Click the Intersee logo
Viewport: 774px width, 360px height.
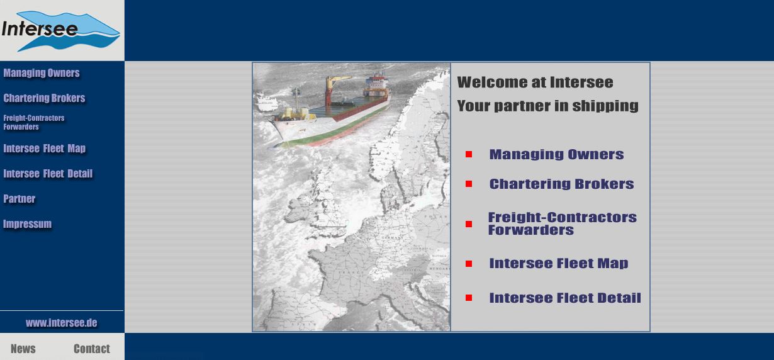(x=61, y=30)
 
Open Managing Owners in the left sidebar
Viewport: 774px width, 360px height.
(x=42, y=73)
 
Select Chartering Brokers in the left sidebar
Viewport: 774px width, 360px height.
(x=44, y=98)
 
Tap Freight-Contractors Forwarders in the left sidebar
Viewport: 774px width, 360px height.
(x=34, y=122)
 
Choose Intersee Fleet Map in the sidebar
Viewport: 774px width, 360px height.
(x=44, y=149)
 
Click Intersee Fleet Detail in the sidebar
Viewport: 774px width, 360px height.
(x=48, y=174)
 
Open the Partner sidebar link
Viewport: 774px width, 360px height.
(x=20, y=199)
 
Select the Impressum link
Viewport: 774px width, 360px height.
(x=27, y=224)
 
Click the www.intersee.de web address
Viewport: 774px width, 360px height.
(x=62, y=323)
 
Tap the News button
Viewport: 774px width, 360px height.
(x=23, y=349)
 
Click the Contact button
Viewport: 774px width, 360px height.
(x=92, y=349)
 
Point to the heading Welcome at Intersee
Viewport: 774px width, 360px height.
(x=536, y=82)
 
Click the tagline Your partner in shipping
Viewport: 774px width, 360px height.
(x=548, y=106)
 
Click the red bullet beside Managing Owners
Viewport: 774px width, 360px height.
(x=469, y=154)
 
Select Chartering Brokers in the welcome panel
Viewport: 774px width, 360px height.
(x=562, y=184)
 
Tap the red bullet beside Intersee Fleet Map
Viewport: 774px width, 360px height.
(x=469, y=264)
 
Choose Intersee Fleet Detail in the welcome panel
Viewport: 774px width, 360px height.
(x=565, y=298)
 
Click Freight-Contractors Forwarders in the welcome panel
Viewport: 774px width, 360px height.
(x=562, y=223)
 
